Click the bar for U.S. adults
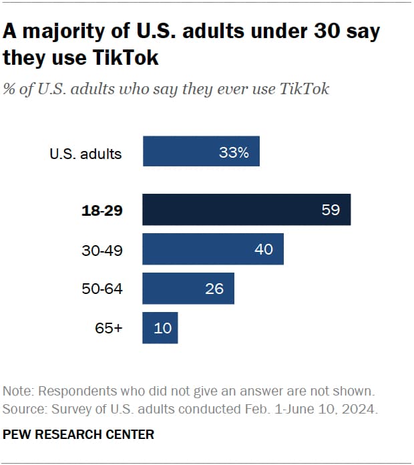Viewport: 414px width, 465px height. (x=200, y=152)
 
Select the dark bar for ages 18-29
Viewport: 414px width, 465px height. (x=246, y=210)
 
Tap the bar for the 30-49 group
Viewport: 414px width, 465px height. (x=213, y=249)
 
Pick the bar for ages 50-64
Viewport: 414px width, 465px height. (x=188, y=289)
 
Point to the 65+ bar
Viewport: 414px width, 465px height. (x=160, y=328)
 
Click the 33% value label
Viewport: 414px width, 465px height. (x=234, y=153)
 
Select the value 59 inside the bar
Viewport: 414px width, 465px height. (x=331, y=210)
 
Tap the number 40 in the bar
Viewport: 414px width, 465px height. (x=264, y=249)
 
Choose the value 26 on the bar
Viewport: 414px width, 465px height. (x=214, y=289)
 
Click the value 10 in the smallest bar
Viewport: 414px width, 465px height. (x=162, y=328)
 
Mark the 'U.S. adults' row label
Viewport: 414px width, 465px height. (x=85, y=154)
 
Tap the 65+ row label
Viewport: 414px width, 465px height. (x=109, y=329)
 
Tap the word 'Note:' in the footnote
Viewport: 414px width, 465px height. (x=20, y=391)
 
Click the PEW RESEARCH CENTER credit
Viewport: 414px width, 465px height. (x=79, y=434)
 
